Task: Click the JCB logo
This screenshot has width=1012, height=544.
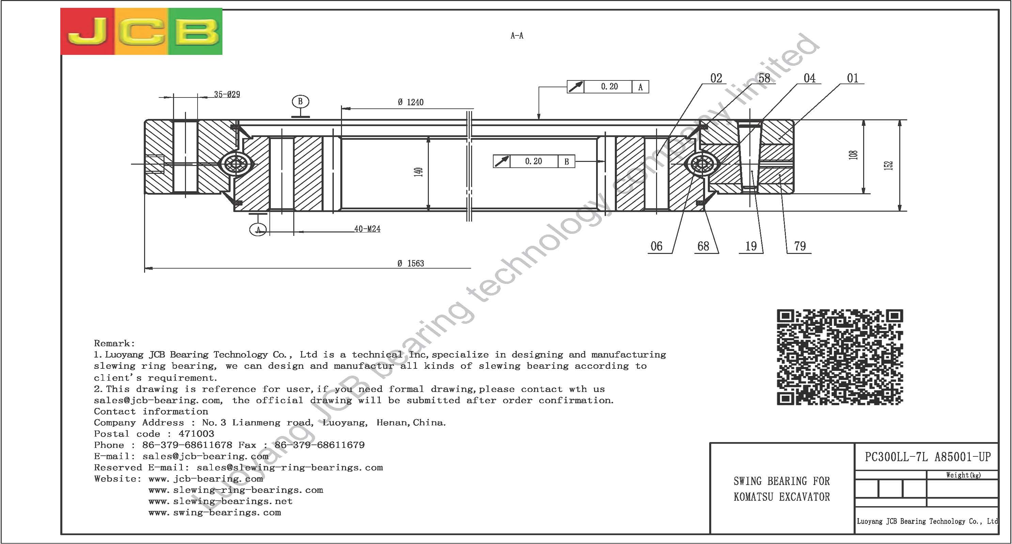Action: pyautogui.click(x=141, y=31)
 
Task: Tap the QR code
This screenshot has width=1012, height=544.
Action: pyautogui.click(x=840, y=357)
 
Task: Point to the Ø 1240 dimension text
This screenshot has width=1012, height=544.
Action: pyautogui.click(x=410, y=102)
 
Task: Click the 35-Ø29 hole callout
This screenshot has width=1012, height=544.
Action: pyautogui.click(x=227, y=94)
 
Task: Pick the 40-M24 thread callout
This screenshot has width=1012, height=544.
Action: pyautogui.click(x=367, y=229)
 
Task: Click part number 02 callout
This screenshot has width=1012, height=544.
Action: pyautogui.click(x=716, y=78)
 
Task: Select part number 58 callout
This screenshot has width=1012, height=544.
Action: pyautogui.click(x=764, y=78)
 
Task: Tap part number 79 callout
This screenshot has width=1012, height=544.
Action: pyautogui.click(x=800, y=246)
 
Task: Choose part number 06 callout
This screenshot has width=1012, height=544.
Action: pyautogui.click(x=656, y=246)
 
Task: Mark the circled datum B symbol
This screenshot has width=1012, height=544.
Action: pyautogui.click(x=300, y=102)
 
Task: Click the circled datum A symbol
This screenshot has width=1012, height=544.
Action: pyautogui.click(x=258, y=229)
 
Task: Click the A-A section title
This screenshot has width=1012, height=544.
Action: pyautogui.click(x=517, y=36)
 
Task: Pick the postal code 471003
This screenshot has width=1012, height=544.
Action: pyautogui.click(x=197, y=434)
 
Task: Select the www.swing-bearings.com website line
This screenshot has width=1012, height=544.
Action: pyautogui.click(x=215, y=513)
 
